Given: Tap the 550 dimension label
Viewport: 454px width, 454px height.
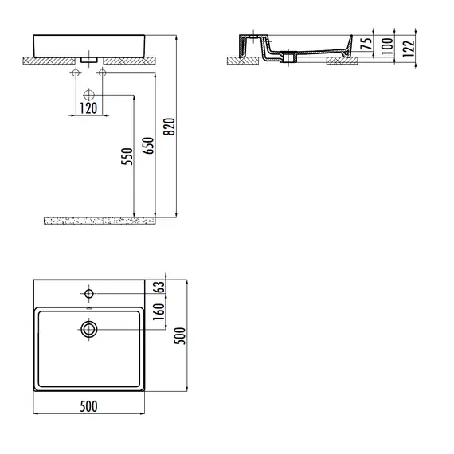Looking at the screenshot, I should [126, 157].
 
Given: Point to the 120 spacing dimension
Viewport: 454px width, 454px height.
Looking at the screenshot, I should [89, 108].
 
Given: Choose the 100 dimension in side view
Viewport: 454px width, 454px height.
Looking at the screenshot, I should [387, 45].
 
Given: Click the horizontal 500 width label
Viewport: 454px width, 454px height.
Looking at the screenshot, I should [89, 407].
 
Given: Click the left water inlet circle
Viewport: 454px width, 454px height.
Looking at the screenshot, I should [76, 73].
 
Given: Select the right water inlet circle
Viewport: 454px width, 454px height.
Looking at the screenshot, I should [102, 73].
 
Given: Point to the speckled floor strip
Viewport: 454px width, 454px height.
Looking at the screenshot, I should [96, 218].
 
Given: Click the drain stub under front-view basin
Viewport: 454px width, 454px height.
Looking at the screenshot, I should [89, 59].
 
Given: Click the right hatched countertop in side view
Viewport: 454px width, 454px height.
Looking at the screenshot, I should [344, 60].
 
